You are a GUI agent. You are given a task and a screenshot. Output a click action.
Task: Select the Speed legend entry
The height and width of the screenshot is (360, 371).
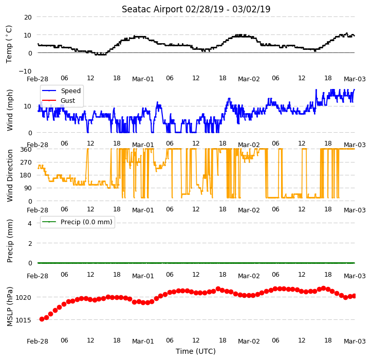pyautogui.click(x=61, y=91)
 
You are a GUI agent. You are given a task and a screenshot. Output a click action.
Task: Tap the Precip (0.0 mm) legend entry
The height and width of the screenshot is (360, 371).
pyautogui.click(x=77, y=222)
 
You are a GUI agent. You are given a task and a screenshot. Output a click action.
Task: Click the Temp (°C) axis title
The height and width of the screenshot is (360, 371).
pyautogui.click(x=9, y=44)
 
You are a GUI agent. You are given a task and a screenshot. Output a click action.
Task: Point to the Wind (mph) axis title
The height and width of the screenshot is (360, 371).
pyautogui.click(x=10, y=110)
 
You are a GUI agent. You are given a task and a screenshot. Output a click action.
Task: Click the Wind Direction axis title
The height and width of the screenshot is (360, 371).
pyautogui.click(x=10, y=175)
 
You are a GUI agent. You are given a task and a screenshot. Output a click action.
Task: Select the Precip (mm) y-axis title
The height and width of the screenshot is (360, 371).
pyautogui.click(x=10, y=241)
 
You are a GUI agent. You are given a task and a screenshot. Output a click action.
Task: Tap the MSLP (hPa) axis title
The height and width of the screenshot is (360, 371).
pyautogui.click(x=10, y=307)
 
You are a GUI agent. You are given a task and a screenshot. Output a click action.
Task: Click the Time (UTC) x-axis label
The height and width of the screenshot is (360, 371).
pyautogui.click(x=196, y=351)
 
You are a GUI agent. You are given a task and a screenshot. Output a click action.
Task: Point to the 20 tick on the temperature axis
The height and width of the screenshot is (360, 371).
pyautogui.click(x=28, y=17)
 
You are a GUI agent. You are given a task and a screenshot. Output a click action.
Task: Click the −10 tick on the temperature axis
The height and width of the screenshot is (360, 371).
pyautogui.click(x=25, y=71)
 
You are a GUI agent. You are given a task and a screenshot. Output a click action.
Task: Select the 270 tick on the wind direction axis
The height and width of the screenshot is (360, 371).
pyautogui.click(x=26, y=163)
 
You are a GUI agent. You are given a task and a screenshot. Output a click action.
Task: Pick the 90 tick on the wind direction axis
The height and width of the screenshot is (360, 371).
pyautogui.click(x=28, y=188)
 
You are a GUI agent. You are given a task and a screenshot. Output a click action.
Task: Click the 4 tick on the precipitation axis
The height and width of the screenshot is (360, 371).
pyautogui.click(x=30, y=223)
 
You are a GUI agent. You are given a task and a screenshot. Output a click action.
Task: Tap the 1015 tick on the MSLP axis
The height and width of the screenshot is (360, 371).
pyautogui.click(x=23, y=320)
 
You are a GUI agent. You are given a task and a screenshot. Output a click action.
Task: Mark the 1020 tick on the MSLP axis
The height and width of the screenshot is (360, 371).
pyautogui.click(x=23, y=297)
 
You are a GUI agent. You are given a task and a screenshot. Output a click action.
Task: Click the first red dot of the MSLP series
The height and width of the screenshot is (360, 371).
pyautogui.click(x=42, y=319)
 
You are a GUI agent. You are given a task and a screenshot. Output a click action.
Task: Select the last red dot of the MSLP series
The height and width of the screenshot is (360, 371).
pyautogui.click(x=354, y=296)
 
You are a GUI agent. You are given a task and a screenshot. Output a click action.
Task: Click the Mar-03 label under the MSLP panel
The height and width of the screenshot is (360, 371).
pyautogui.click(x=355, y=341)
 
